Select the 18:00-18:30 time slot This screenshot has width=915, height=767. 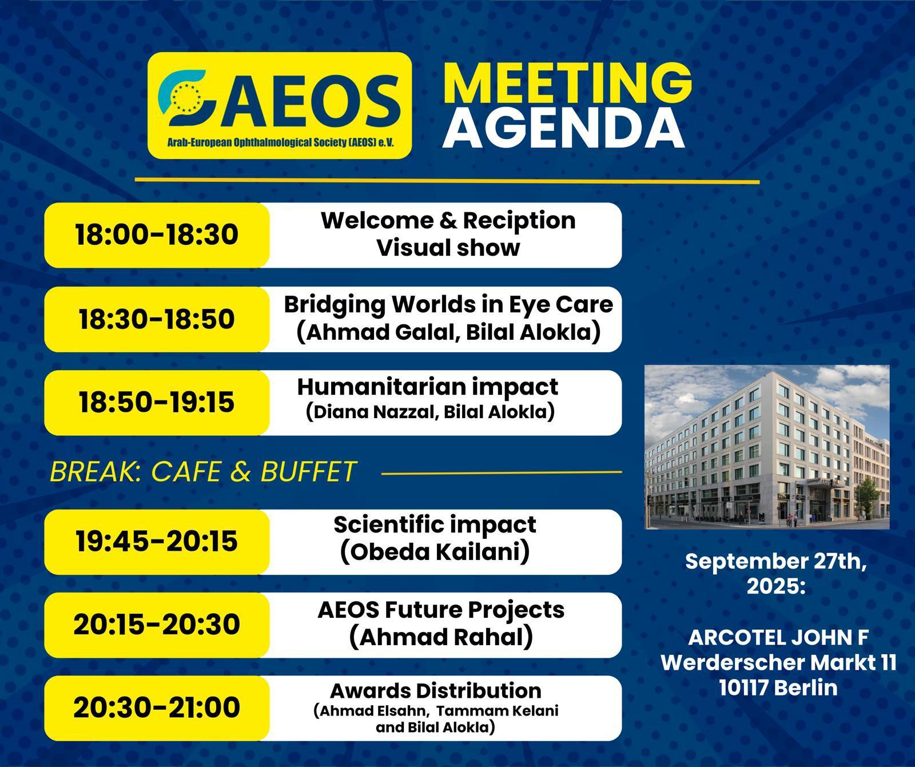click(157, 235)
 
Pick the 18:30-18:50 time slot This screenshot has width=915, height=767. click(157, 319)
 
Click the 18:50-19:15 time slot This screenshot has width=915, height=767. click(157, 402)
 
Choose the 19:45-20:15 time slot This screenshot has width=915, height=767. click(157, 541)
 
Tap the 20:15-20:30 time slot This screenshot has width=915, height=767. click(157, 624)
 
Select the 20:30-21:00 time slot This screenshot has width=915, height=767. click(157, 708)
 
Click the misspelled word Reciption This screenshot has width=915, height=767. click(519, 221)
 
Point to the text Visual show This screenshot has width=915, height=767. click(448, 248)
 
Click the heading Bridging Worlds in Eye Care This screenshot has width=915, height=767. click(448, 305)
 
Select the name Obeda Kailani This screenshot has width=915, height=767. click(435, 552)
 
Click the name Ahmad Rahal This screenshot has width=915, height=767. click(441, 637)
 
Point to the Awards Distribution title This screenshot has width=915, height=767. click(436, 691)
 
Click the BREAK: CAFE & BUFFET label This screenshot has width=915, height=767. click(203, 472)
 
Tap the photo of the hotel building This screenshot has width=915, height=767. click(767, 447)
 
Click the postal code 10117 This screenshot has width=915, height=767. click(747, 687)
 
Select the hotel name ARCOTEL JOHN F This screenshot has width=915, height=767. click(778, 637)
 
